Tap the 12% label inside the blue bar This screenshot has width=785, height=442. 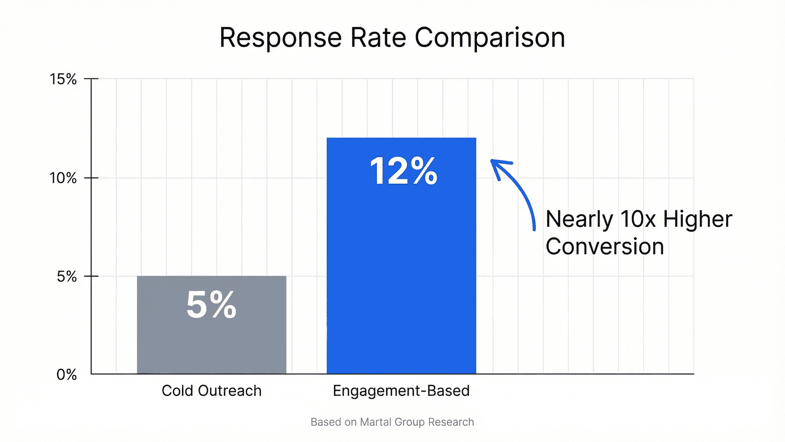pyautogui.click(x=403, y=171)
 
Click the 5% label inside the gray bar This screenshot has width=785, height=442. pyautogui.click(x=211, y=305)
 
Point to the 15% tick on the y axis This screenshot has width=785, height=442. pyautogui.click(x=63, y=79)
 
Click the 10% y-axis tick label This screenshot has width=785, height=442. pyautogui.click(x=63, y=178)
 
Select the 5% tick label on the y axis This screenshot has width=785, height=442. pyautogui.click(x=67, y=276)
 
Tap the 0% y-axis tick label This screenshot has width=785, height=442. pyautogui.click(x=67, y=375)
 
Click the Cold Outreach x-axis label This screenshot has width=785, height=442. pyautogui.click(x=211, y=391)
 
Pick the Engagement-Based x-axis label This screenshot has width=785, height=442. pyautogui.click(x=401, y=391)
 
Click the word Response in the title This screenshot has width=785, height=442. pyautogui.click(x=280, y=38)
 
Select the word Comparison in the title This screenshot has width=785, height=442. pyautogui.click(x=490, y=38)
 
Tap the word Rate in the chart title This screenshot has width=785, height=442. pyautogui.click(x=378, y=38)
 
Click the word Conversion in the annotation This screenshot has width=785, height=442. pyautogui.click(x=604, y=247)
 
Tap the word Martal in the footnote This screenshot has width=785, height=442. pyautogui.click(x=375, y=422)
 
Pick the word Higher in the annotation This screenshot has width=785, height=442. pyautogui.click(x=697, y=219)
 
